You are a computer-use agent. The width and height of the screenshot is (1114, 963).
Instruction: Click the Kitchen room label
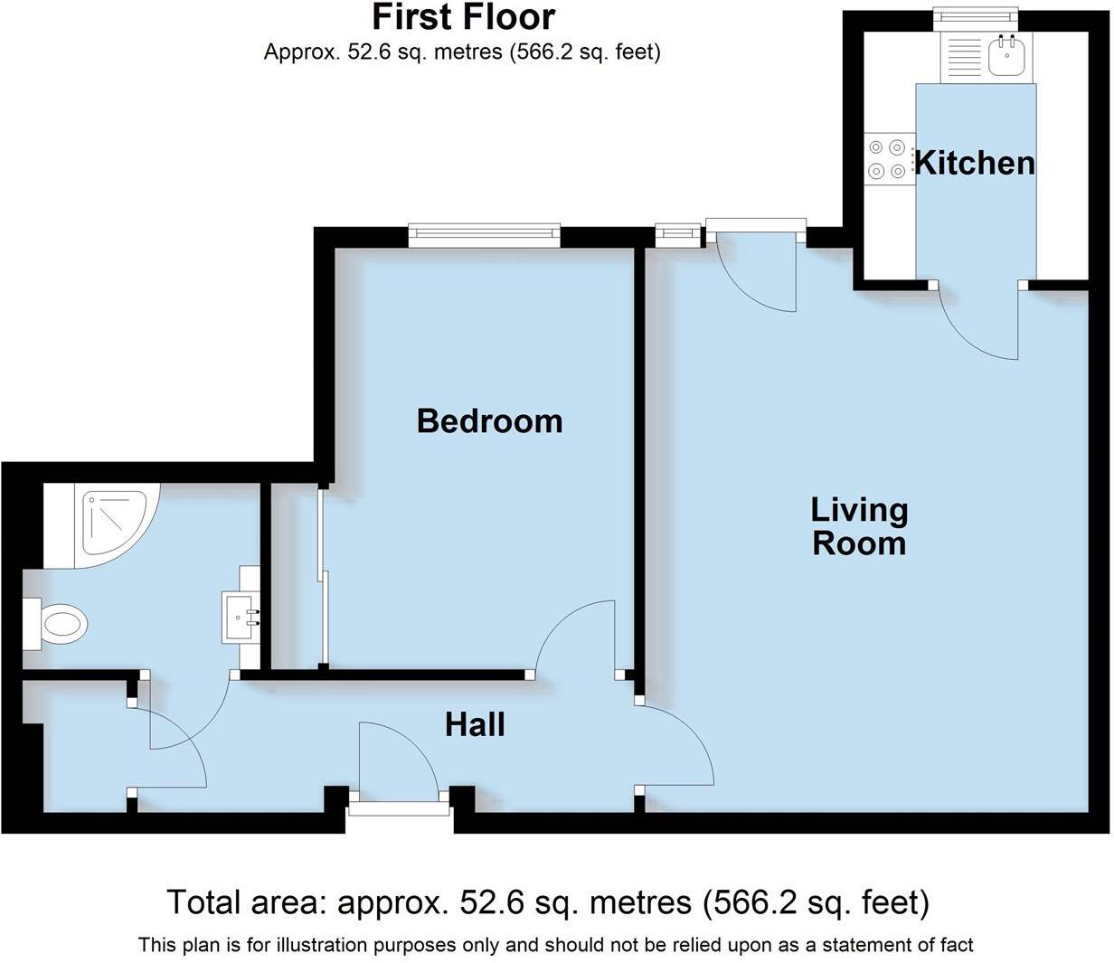tap(975, 163)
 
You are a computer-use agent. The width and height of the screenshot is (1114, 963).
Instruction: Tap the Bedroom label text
tap(489, 420)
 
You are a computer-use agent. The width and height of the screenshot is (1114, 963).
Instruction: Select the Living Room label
tap(858, 526)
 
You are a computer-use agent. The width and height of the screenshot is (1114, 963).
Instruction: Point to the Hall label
tap(475, 724)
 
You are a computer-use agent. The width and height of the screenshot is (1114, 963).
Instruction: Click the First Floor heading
tap(464, 17)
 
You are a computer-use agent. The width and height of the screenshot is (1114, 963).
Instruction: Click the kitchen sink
tap(1005, 58)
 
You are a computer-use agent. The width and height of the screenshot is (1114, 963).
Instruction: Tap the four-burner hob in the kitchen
tap(886, 158)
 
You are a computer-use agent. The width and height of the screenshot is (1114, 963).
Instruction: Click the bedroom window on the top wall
tap(484, 236)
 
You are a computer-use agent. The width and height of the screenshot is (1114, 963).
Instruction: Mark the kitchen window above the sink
tap(976, 16)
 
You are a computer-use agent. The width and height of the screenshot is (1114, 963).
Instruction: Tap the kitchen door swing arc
tap(981, 326)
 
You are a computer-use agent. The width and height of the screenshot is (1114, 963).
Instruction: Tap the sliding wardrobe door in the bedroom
tap(323, 579)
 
